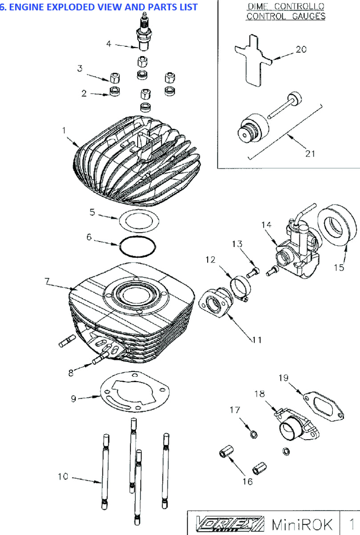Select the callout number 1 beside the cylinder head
[64, 130]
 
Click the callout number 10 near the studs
[63, 477]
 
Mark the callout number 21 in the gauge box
[310, 153]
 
